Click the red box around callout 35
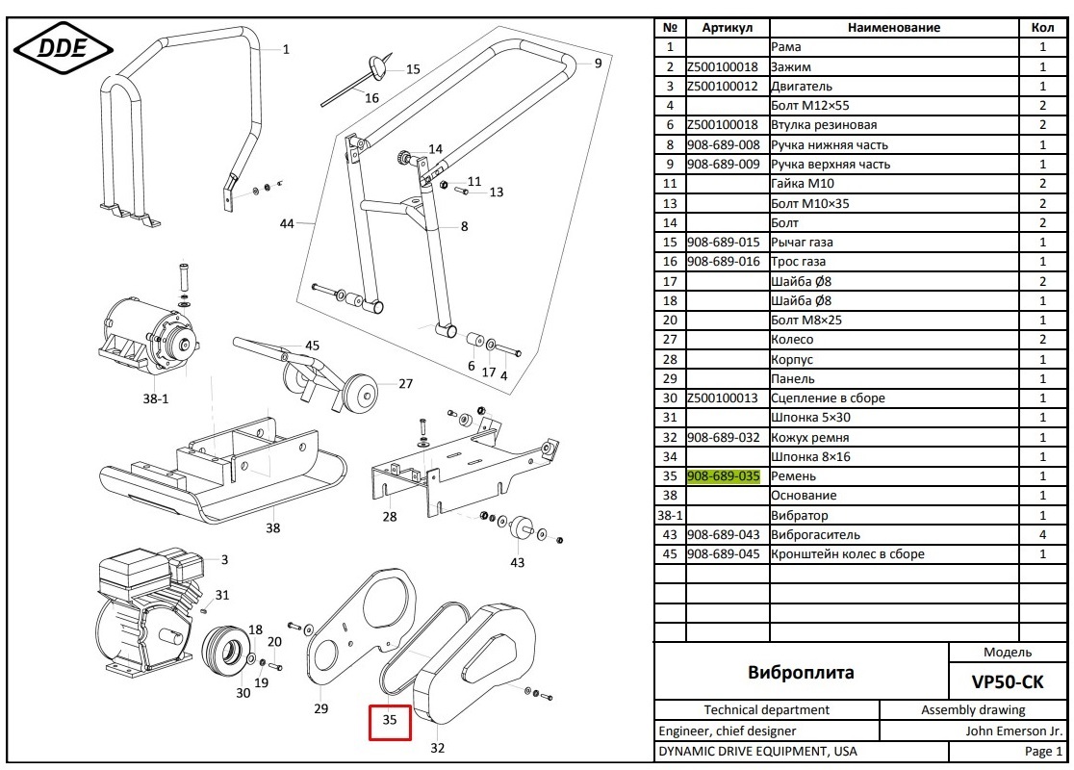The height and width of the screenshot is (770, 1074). coord(390,721)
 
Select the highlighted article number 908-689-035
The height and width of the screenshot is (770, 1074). coord(723,475)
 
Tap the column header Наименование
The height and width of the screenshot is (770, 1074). coord(893,28)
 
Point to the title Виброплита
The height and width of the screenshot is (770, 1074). coord(801,672)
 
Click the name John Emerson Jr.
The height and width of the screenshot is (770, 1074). coord(1013,731)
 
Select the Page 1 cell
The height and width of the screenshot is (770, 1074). coord(1043,751)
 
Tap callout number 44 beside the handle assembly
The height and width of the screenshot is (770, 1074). coord(287,223)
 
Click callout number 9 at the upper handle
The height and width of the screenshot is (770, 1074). coord(598,64)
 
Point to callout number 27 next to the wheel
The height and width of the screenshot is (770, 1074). coord(405,383)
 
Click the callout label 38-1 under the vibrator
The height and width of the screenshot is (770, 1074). coord(157,397)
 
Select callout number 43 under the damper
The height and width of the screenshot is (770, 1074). coord(518,562)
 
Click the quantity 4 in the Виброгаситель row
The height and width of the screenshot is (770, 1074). coord(1042,534)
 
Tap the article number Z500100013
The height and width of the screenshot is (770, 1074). coord(723,398)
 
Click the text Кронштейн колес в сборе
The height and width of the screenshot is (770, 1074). coord(847,553)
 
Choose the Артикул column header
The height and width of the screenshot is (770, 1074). coord(727,28)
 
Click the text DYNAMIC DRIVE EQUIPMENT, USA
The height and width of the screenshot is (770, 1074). coord(757,751)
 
